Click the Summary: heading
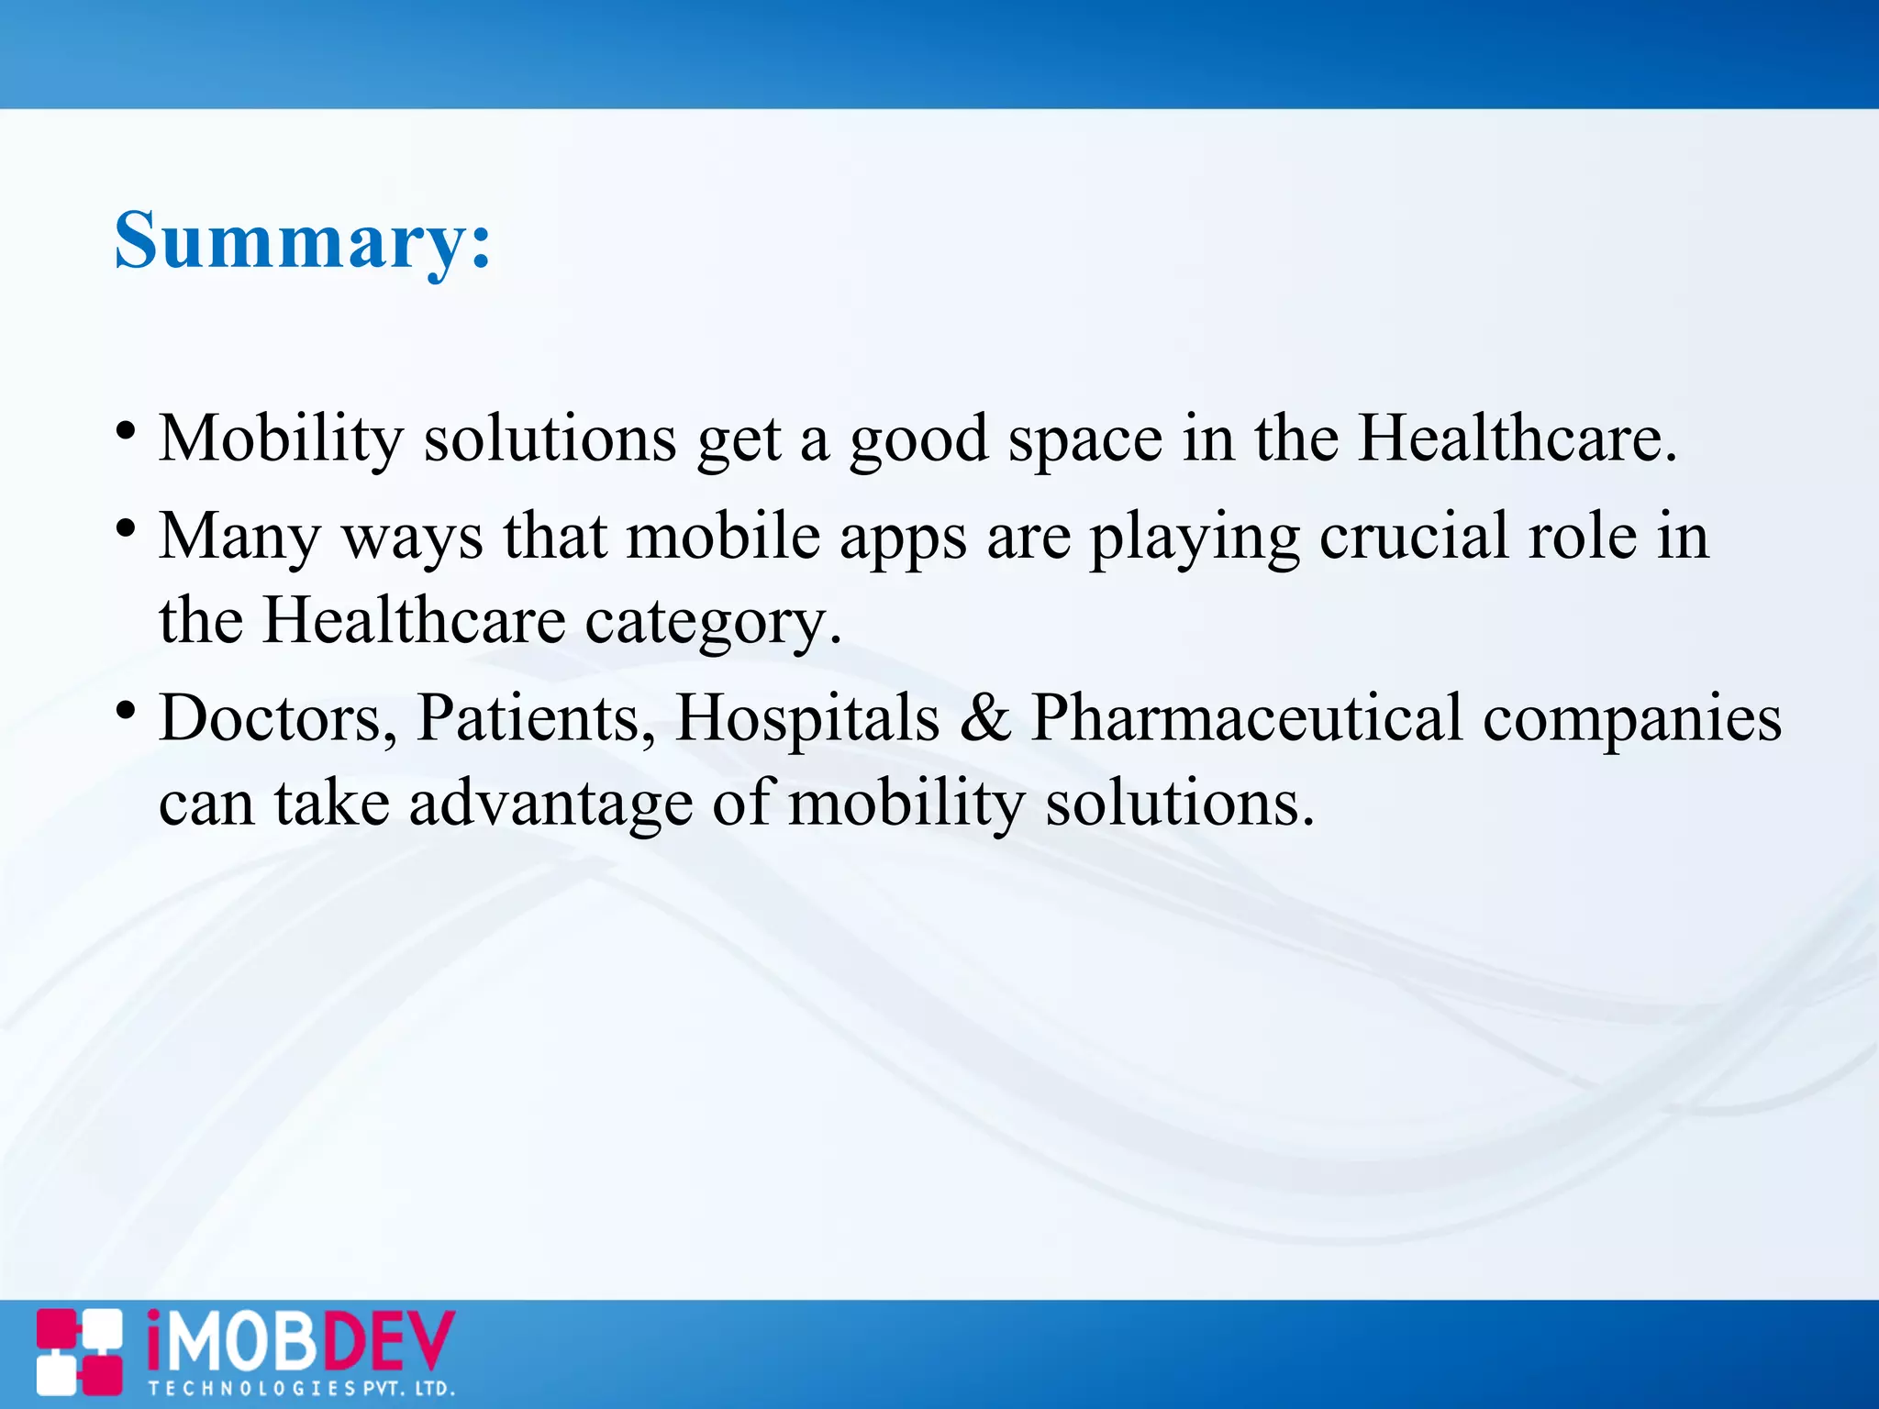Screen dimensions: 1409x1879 (303, 240)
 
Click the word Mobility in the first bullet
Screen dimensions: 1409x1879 (281, 438)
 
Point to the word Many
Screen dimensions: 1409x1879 (239, 538)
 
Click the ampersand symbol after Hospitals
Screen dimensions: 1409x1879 (984, 718)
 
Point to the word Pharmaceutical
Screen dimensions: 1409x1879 (1246, 718)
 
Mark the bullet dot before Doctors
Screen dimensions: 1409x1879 (127, 710)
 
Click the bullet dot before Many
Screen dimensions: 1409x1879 (127, 529)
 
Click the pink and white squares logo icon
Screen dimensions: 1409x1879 (79, 1352)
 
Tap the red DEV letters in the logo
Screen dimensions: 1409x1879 (386, 1342)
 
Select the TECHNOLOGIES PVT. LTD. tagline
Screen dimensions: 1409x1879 (302, 1389)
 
